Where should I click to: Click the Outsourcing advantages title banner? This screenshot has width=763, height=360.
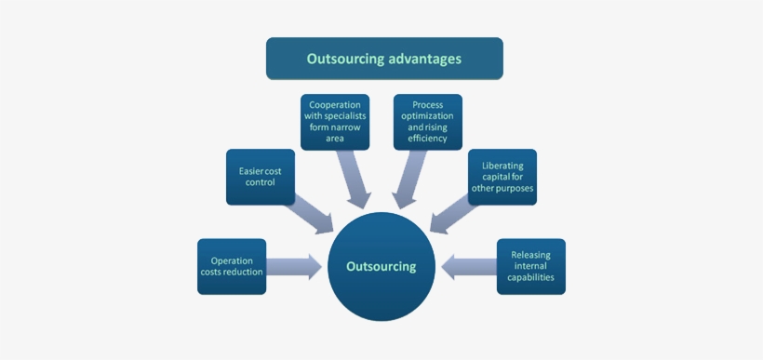(384, 59)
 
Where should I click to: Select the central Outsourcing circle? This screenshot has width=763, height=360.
(381, 266)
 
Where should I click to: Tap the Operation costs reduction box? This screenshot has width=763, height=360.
(232, 267)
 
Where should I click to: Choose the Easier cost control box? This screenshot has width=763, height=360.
(261, 177)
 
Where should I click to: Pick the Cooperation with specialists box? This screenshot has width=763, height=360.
(335, 122)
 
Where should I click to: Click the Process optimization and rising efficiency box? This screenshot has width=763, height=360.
(427, 122)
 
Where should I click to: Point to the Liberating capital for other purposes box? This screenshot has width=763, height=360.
(502, 177)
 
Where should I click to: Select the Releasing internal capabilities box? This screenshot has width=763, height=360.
(530, 267)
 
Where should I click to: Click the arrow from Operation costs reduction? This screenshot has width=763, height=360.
(294, 267)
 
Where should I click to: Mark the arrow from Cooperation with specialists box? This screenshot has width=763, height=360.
(354, 179)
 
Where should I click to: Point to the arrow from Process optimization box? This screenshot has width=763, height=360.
(409, 179)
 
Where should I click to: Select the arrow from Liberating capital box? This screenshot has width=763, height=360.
(453, 213)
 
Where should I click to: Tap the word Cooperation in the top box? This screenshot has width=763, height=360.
(335, 105)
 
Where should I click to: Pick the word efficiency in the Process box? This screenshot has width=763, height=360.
(427, 139)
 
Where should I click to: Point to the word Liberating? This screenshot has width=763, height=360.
(502, 166)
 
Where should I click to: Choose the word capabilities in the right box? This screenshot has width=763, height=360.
(530, 278)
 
